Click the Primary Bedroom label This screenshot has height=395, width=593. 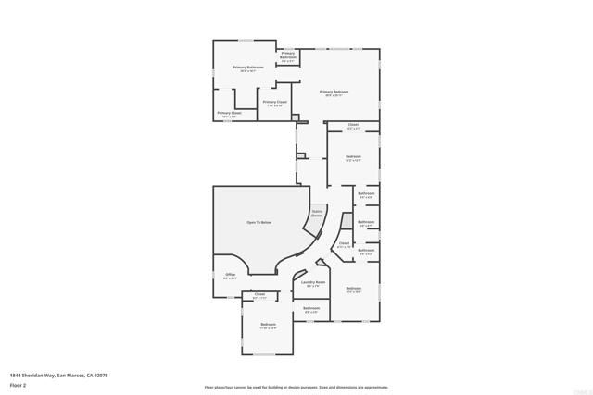point(334,92)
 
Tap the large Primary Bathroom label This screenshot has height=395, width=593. point(248,68)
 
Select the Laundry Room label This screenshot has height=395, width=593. point(313,282)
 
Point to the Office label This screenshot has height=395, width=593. point(231,275)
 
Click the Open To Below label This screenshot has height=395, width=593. point(259,223)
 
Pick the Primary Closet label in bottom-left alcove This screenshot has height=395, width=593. point(229,114)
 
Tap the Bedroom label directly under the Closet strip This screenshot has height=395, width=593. point(353,156)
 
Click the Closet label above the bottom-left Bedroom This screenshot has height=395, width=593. point(259,296)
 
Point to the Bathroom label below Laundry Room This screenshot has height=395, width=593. point(311,308)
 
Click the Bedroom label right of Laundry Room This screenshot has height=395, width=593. point(354,289)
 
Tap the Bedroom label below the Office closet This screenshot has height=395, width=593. point(269,324)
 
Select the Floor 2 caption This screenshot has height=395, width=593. point(18,383)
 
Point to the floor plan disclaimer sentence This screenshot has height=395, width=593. point(296,387)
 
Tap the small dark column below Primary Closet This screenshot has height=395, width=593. point(294,118)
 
